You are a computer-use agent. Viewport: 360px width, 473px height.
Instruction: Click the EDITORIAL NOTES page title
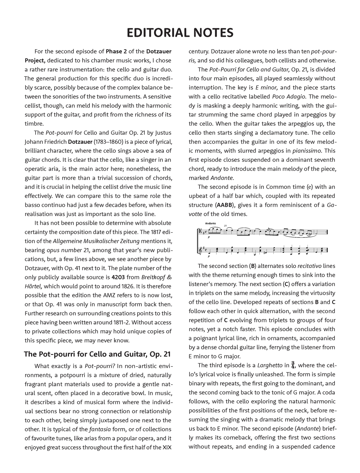180,33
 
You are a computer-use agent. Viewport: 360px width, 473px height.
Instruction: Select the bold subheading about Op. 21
97,354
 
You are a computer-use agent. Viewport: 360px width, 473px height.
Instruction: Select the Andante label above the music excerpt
210,223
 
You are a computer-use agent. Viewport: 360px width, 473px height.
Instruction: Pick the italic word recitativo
310,266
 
